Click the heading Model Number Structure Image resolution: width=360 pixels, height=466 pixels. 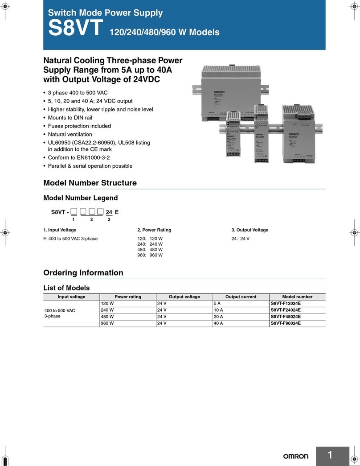[x=90, y=183]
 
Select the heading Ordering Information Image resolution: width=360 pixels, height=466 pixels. [x=83, y=272]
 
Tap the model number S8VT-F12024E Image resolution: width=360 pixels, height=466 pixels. [x=286, y=303]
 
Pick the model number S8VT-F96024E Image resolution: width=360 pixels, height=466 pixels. [x=286, y=323]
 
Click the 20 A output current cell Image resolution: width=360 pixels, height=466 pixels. [x=218, y=317]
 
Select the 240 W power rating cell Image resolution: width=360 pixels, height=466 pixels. [x=108, y=310]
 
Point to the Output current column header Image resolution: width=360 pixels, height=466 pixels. [x=241, y=297]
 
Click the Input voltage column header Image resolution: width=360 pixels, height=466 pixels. [x=71, y=297]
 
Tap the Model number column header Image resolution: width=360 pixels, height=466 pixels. [x=297, y=297]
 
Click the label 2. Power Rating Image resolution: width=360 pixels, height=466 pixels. [x=154, y=230]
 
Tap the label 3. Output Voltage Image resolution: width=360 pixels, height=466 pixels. [x=250, y=230]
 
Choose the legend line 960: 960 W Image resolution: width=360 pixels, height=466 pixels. [x=150, y=256]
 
